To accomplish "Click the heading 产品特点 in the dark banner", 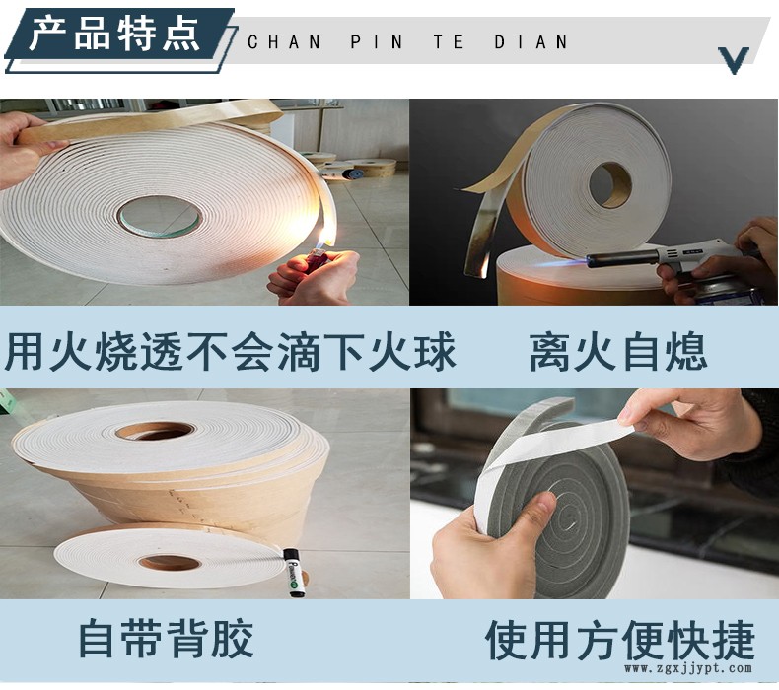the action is click(113, 34).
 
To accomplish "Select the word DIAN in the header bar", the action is click(531, 42).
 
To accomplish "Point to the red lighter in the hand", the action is click(317, 260).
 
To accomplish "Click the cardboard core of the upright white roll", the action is click(610, 184).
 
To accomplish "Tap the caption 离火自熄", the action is click(617, 352).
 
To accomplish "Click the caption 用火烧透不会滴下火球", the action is click(230, 352).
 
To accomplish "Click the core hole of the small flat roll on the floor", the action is click(170, 562).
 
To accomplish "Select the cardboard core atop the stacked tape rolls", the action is click(156, 430).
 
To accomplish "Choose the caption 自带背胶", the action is click(167, 639).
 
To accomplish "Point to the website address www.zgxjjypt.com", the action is click(688, 668).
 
